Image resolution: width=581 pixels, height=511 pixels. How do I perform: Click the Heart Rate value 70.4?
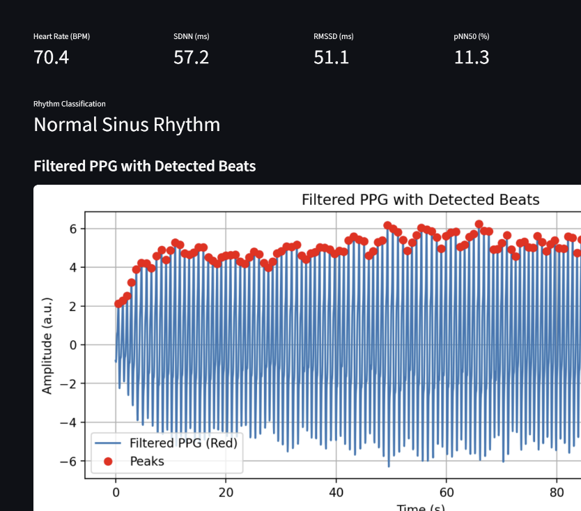coord(51,57)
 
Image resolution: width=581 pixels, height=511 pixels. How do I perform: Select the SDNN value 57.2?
coord(191,57)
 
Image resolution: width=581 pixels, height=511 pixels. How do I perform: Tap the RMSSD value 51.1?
coord(332,57)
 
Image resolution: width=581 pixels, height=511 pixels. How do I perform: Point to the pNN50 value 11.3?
coord(472,57)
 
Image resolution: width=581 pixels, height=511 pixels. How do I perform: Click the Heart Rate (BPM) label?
coord(61,36)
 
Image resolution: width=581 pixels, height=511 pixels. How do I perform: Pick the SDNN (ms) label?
coord(191,36)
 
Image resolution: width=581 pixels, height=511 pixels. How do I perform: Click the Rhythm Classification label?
coord(70,104)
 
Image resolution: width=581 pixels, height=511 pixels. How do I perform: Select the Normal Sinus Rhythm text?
coord(127,125)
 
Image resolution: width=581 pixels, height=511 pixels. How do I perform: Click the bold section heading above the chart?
coord(144,166)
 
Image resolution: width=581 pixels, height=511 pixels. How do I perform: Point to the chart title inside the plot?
coord(420,200)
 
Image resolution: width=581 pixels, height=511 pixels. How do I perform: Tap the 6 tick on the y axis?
coord(72,229)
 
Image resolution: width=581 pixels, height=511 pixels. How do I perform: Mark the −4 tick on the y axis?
coord(68,422)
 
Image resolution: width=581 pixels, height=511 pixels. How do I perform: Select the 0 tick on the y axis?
coord(72,345)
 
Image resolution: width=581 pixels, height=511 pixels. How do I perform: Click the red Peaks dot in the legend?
coord(108,461)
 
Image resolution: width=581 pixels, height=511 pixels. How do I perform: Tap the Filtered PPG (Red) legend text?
coord(184,443)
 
